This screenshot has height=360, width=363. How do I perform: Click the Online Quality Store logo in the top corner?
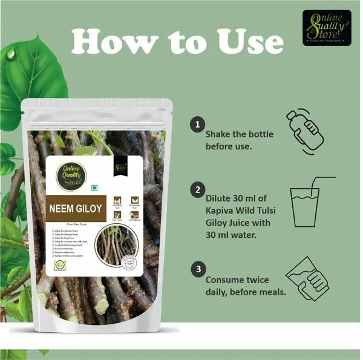pyautogui.click(x=326, y=28)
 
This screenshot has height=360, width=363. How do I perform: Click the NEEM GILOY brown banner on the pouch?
pyautogui.click(x=77, y=208)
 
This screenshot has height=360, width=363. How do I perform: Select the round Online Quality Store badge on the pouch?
pyautogui.click(x=71, y=175)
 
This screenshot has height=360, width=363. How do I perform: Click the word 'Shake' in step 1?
pyautogui.click(x=219, y=134)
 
